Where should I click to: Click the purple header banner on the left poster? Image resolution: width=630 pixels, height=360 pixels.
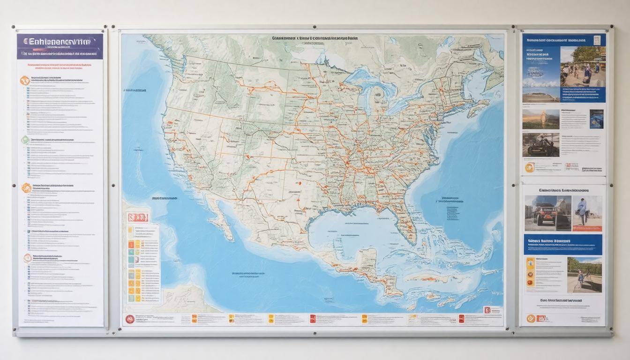[60, 46]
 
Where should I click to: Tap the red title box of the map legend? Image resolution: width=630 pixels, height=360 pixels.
[138, 217]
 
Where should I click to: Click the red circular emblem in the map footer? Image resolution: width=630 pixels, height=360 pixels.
[130, 319]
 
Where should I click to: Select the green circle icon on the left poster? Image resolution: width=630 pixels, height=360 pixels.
[25, 140]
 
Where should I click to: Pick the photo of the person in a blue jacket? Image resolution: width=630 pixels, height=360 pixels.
[587, 213]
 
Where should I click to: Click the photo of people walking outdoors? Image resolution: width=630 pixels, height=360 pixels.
[583, 67]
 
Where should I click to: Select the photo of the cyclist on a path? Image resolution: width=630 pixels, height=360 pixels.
[585, 274]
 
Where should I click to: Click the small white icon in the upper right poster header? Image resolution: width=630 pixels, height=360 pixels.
[597, 40]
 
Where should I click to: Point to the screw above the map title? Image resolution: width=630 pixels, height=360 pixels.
[314, 27]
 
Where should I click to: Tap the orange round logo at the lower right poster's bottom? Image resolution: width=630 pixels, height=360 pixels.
[531, 318]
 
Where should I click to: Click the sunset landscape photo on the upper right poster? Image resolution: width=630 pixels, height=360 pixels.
[540, 119]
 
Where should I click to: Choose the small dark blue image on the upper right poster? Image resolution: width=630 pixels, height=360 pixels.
[596, 119]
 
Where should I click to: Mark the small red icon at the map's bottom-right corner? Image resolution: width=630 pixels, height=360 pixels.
[487, 310]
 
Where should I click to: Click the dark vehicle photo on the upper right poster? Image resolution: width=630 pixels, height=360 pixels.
[540, 145]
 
